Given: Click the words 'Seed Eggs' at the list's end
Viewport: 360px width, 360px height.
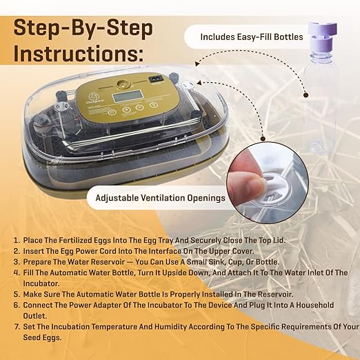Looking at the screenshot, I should point(42,338).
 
